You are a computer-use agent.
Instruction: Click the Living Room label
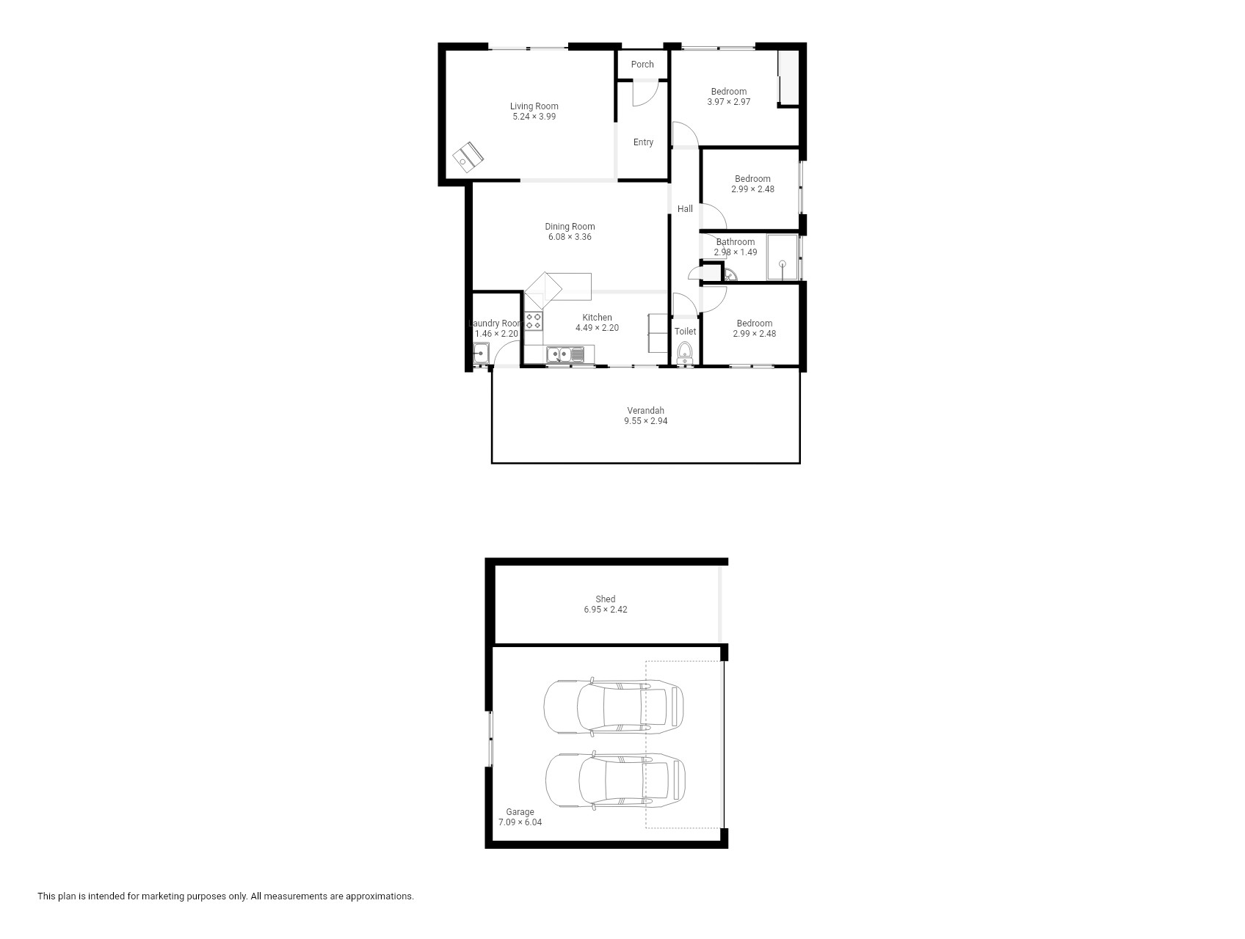534,106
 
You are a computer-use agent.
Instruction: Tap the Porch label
642,65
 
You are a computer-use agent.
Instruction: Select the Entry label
643,142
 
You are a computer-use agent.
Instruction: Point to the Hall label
685,209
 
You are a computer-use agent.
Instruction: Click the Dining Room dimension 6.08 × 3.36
570,237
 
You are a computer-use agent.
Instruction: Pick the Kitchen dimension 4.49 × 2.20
597,328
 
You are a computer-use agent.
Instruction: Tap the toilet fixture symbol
686,354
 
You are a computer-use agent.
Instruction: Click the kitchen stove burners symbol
534,321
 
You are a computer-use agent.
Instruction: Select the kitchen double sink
565,355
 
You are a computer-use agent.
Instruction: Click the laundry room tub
482,356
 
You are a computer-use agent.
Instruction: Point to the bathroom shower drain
783,264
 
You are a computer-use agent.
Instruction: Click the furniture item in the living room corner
468,157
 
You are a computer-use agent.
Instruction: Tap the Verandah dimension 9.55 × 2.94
646,421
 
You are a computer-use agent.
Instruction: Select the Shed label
606,599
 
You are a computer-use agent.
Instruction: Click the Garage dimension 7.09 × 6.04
520,822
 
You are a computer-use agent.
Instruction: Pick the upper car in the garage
614,706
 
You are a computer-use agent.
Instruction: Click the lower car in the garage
615,781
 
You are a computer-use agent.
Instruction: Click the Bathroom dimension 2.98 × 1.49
736,252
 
